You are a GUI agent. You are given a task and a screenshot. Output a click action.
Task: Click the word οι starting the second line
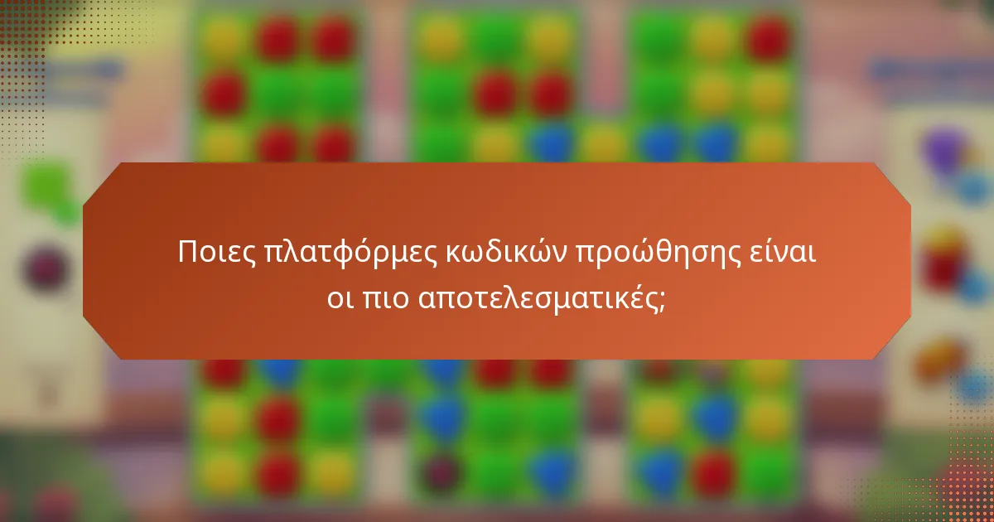click(x=339, y=297)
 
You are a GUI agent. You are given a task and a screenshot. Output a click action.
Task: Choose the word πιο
click(x=384, y=297)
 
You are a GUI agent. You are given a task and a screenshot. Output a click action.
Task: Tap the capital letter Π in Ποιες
click(x=188, y=253)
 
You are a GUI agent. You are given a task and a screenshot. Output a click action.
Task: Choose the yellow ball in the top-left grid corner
click(x=224, y=37)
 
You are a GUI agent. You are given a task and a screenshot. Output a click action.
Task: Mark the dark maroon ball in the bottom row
click(x=438, y=472)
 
